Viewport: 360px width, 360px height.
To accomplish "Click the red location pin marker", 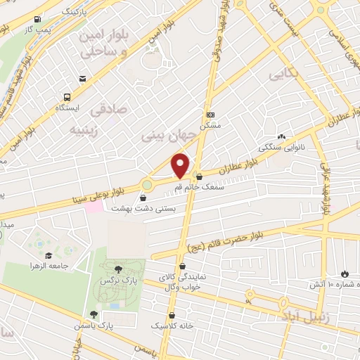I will click(x=180, y=165).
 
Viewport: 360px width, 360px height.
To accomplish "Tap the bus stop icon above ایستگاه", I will click(x=67, y=97).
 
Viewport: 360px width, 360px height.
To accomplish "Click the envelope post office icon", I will click(x=82, y=78).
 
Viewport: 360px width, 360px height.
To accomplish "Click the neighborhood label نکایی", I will click(x=283, y=74).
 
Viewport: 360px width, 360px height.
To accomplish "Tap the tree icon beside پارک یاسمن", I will click(x=93, y=314).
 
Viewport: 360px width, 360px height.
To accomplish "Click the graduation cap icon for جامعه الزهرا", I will click(x=49, y=255).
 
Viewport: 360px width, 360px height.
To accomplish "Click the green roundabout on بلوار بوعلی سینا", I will click(x=147, y=185).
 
